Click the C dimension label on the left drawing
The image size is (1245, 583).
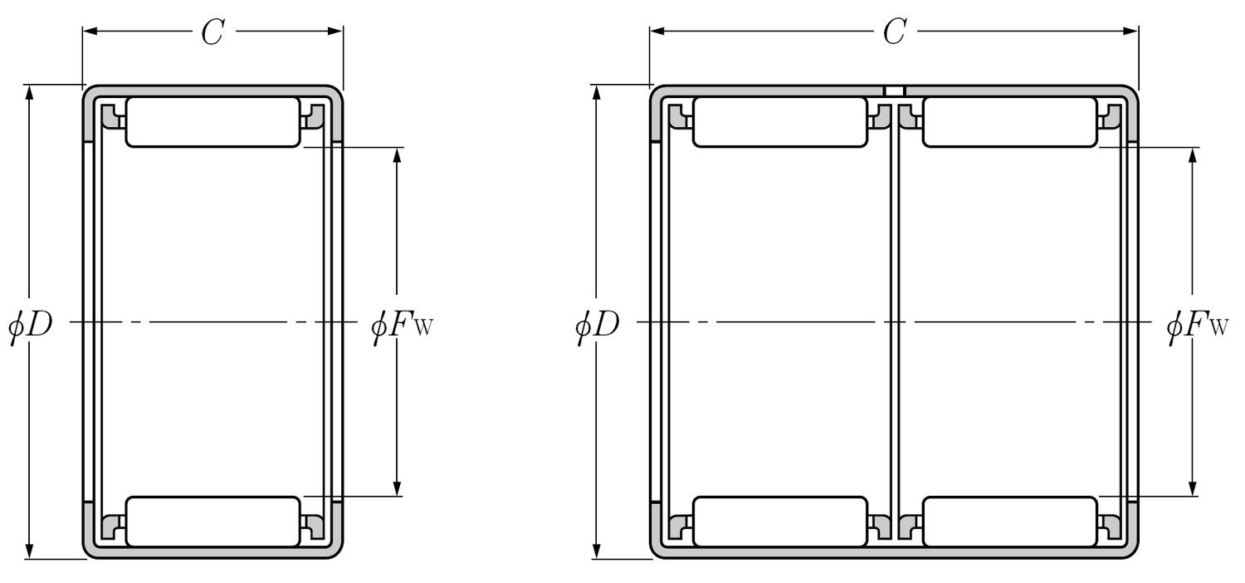pyautogui.click(x=212, y=32)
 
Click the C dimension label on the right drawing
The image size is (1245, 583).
pyautogui.click(x=893, y=32)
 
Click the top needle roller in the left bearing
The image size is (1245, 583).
pyautogui.click(x=212, y=122)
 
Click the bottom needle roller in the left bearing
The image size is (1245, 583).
pyautogui.click(x=212, y=522)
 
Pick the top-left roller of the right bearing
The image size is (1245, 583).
pyautogui.click(x=779, y=122)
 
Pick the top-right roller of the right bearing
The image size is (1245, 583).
pyautogui.click(x=1009, y=122)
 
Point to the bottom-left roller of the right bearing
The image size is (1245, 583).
pyautogui.click(x=779, y=522)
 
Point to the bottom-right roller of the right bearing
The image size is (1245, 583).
pyautogui.click(x=1009, y=522)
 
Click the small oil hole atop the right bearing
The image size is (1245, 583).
pyautogui.click(x=894, y=91)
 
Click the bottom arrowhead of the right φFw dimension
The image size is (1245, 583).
pyautogui.click(x=1192, y=489)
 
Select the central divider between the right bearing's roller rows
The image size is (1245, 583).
pyautogui.click(x=894, y=321)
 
